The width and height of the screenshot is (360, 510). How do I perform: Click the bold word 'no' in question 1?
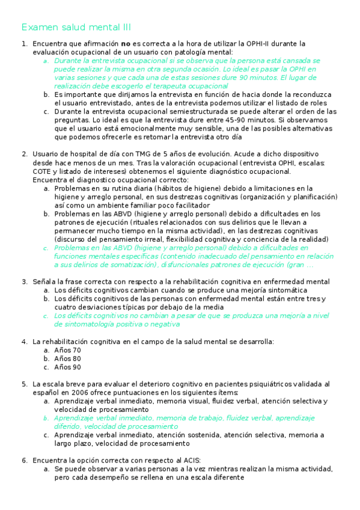coord(126,44)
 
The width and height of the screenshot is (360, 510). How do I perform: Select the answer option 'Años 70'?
coord(67,350)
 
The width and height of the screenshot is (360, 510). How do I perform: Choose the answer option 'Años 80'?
coord(67,358)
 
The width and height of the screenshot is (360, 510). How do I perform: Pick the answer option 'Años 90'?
coord(67,367)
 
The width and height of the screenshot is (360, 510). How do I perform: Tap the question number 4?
coord(23,342)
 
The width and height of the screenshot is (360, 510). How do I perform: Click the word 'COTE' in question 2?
coord(43,171)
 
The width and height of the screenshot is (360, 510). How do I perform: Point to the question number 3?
coord(23,281)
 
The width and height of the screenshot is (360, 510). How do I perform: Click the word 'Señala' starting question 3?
coord(44,281)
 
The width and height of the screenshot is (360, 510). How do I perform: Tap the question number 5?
coord(23,384)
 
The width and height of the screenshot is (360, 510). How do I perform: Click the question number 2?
coord(23,154)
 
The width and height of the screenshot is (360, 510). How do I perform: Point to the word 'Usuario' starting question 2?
coord(46,154)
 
